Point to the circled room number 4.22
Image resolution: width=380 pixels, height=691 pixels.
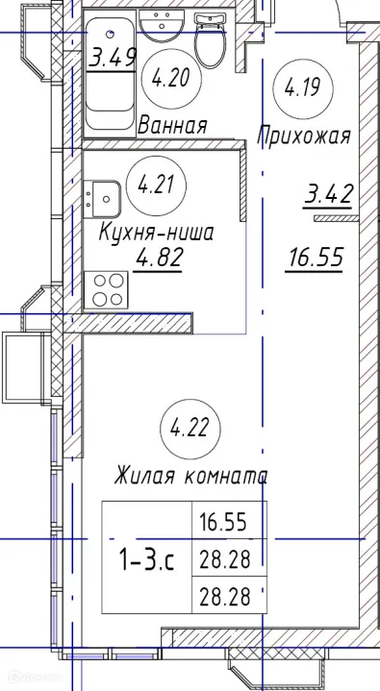pos(189,426)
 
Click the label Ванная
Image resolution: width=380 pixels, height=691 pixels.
pos(173,125)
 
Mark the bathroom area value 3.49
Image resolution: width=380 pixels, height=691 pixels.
pos(112,60)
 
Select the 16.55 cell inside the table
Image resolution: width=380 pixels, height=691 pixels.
pos(223,524)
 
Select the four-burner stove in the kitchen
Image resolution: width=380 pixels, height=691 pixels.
pos(106,288)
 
